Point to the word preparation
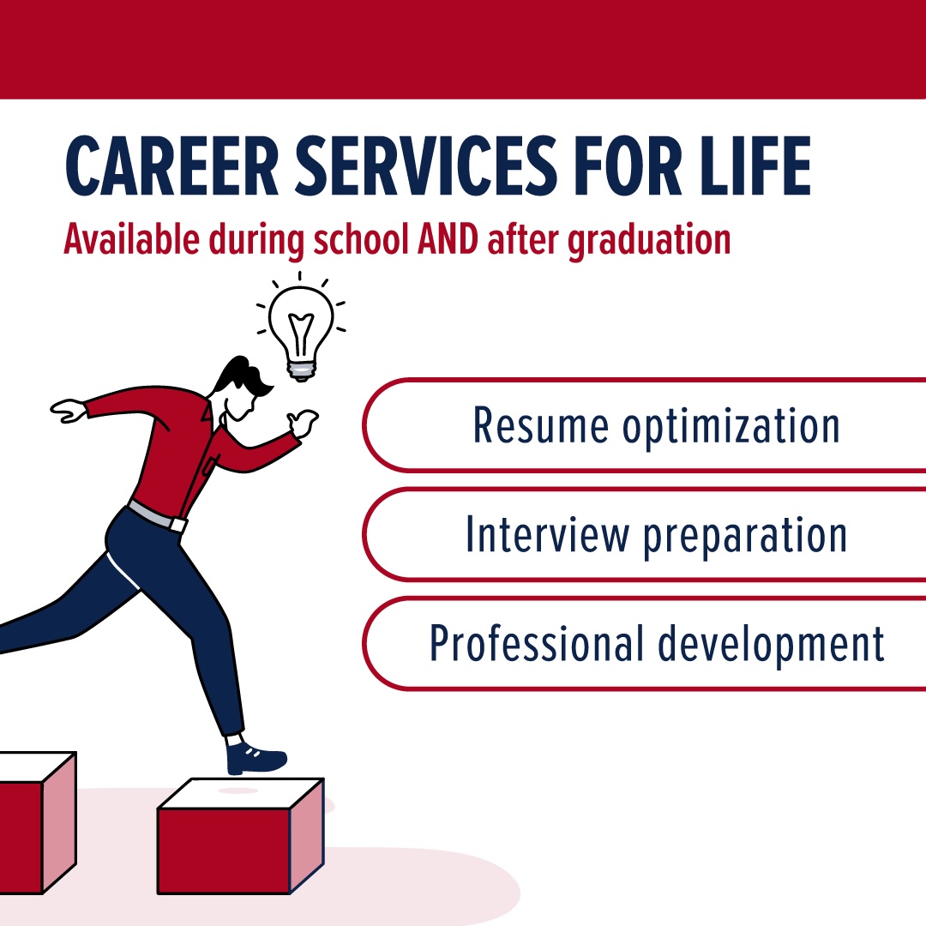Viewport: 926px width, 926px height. [x=745, y=536]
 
